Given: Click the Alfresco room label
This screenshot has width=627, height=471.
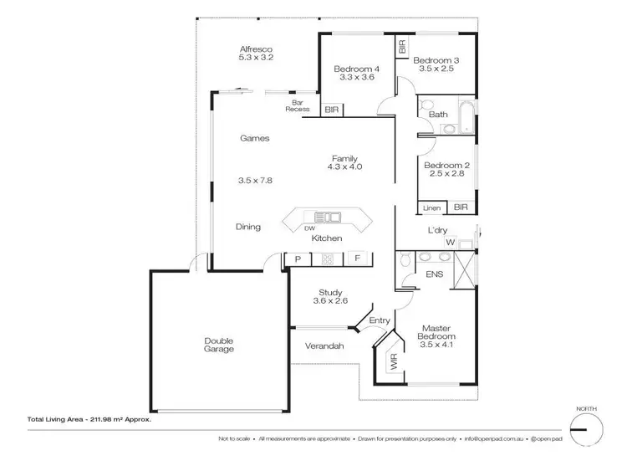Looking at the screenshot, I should (x=256, y=49).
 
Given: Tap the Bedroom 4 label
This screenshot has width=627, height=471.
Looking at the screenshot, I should (x=356, y=69).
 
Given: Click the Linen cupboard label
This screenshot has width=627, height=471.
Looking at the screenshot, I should (x=431, y=207).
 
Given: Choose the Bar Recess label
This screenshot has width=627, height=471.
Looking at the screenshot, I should (x=297, y=106).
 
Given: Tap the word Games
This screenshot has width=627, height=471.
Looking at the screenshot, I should (x=254, y=139).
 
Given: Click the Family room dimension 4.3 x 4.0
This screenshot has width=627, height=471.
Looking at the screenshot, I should (x=344, y=167).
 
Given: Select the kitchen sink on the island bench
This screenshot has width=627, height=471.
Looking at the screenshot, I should (x=328, y=218).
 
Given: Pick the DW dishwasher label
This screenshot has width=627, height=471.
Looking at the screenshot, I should (x=308, y=228).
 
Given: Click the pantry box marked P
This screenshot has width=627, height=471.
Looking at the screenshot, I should (x=298, y=259).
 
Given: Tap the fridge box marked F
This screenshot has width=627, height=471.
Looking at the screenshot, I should (x=357, y=259).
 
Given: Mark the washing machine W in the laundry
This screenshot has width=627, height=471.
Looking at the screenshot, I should (x=449, y=243).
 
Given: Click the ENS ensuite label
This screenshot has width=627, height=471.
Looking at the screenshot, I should (x=435, y=274).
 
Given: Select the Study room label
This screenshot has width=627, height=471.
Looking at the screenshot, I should (x=329, y=292).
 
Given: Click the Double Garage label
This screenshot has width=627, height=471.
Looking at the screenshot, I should (x=218, y=345).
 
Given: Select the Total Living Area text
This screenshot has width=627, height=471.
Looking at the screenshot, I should (x=89, y=420).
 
